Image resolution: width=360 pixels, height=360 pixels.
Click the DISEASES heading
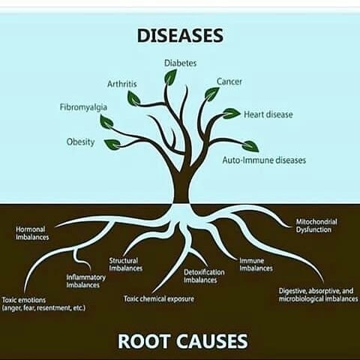point(180,36)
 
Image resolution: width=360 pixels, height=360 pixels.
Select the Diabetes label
point(180,63)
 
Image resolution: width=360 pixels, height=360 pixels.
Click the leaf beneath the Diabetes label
point(170,76)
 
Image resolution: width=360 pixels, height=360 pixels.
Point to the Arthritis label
point(122,84)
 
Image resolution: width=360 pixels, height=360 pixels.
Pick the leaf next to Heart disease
point(231,113)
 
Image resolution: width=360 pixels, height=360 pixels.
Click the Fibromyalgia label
point(83,107)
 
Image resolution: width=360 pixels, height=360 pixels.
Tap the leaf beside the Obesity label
point(112,145)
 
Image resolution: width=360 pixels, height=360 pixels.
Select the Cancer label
point(229,82)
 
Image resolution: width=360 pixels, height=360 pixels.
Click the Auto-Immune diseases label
point(264,160)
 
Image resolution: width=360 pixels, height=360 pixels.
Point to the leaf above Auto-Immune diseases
point(250,146)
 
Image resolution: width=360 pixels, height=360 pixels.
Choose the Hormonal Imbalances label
point(32,233)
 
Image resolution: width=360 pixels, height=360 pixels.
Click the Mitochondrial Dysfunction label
point(316,226)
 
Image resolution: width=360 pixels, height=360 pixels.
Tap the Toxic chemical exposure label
point(159,298)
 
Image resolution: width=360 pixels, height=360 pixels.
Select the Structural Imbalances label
point(126,265)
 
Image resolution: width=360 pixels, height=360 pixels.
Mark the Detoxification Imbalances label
point(204,276)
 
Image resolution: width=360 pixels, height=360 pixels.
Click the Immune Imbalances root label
point(256,265)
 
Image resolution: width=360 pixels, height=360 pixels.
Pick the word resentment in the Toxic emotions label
point(53,308)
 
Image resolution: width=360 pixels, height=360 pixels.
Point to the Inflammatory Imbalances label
point(86,281)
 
